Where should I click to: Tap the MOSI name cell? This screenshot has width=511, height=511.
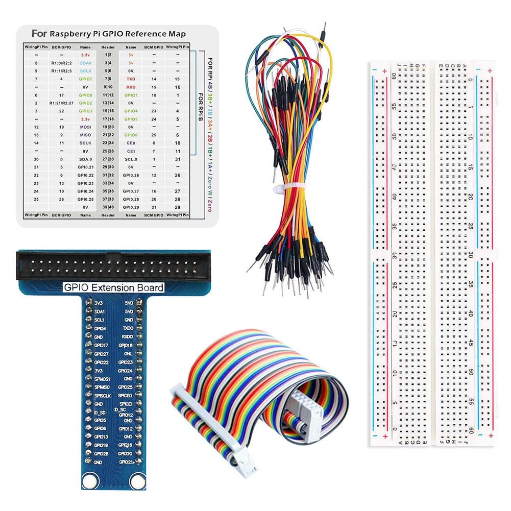pos(85,127)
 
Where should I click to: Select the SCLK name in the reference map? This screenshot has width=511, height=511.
pos(85,143)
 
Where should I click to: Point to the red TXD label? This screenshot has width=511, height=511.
pos(131,79)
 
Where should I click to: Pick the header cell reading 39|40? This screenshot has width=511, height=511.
pos(108,207)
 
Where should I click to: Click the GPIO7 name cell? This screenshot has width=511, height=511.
pos(85,79)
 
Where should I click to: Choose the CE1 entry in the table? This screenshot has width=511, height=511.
pos(131,151)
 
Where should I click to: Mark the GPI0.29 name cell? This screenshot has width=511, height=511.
pos(131,207)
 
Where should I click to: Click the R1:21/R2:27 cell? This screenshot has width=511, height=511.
pos(61,103)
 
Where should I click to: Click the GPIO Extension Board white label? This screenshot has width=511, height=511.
pos(113,287)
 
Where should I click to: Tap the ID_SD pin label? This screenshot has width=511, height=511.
pos(100,412)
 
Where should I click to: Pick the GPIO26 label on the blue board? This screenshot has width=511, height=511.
pos(101,453)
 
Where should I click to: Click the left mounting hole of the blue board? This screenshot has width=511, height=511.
pos(91,480)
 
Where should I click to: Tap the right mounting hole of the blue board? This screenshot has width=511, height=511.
pos(136,480)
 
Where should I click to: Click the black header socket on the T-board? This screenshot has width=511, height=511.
pos(113,265)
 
